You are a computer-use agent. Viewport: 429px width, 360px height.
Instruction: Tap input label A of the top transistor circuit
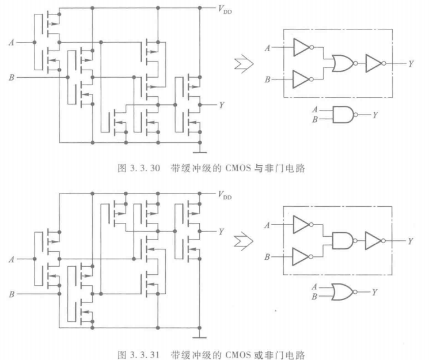11,41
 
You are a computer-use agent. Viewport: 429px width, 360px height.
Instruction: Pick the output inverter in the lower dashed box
374,242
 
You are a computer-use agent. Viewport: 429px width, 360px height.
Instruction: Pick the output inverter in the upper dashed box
374,64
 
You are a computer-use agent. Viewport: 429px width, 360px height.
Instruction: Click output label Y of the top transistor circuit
222,105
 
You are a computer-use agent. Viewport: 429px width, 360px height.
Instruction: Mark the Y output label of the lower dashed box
411,242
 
